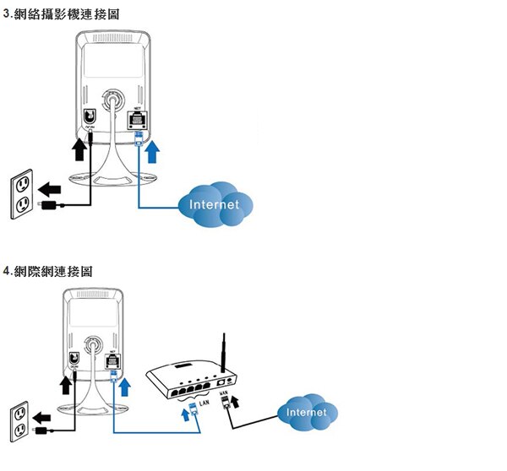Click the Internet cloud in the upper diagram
pyautogui.click(x=215, y=204)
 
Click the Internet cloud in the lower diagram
pyautogui.click(x=308, y=412)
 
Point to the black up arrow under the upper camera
pyautogui.click(x=79, y=150)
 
